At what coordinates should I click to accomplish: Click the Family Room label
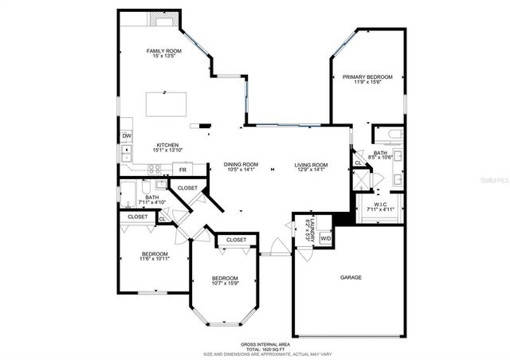click(x=159, y=52)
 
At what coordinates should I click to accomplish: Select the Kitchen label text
click(x=167, y=145)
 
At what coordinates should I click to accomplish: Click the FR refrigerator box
click(x=182, y=170)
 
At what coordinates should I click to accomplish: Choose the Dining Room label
click(x=240, y=163)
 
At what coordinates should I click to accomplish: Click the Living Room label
click(x=311, y=163)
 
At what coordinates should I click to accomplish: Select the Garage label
click(x=351, y=277)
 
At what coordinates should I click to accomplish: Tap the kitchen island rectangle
click(x=166, y=104)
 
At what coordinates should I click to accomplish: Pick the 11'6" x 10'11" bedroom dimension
click(x=143, y=259)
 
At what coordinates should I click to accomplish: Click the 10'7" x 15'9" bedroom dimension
click(x=226, y=283)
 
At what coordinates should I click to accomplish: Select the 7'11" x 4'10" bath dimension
click(x=151, y=202)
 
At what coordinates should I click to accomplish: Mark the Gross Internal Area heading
click(x=254, y=343)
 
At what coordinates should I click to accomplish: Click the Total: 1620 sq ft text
click(x=254, y=349)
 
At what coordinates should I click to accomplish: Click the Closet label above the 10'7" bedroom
click(x=235, y=240)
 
